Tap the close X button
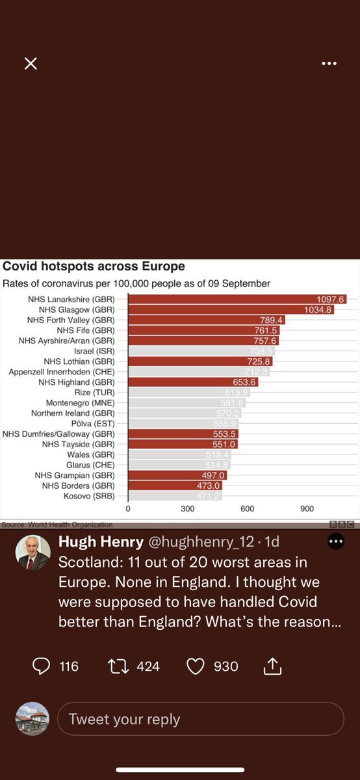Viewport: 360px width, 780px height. [31, 63]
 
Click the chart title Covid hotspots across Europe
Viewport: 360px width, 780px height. [94, 266]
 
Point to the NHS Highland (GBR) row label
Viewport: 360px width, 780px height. [79, 382]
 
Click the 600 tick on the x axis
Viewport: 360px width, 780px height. [248, 509]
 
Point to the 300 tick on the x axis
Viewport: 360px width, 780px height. [188, 509]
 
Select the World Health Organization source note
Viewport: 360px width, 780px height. [57, 525]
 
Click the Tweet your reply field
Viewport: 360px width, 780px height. [200, 719]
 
